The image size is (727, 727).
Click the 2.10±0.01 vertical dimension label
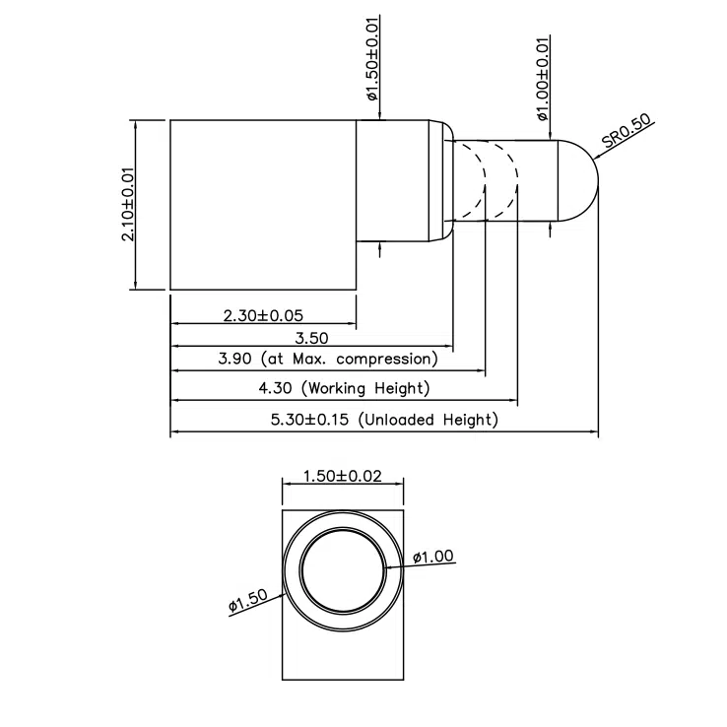tap(128, 204)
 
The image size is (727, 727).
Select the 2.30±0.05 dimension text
tap(262, 316)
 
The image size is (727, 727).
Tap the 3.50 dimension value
tap(311, 338)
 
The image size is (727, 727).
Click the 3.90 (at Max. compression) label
tap(327, 360)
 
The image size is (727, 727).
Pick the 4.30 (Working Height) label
tap(344, 388)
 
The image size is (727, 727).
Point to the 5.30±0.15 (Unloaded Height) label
tap(384, 420)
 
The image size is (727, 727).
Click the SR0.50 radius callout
tap(627, 133)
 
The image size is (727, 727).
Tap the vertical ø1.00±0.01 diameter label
tap(542, 78)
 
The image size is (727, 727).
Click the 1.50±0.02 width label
tap(342, 477)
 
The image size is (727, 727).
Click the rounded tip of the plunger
tap(580, 181)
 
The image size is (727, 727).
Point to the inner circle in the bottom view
tap(342, 578)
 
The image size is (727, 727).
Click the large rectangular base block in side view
tap(263, 204)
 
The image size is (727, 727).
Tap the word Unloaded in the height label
tap(401, 420)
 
